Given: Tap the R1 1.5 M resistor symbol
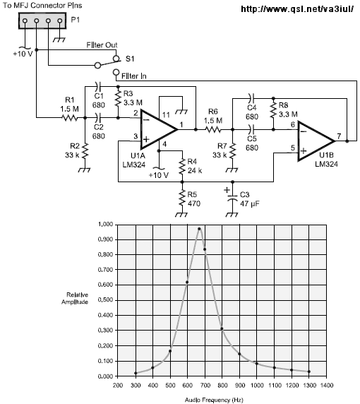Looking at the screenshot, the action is tap(69, 118).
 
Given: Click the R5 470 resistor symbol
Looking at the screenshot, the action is tap(182, 198).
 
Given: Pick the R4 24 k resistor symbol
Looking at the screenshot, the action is tap(182, 166).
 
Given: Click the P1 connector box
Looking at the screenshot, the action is tap(42, 21).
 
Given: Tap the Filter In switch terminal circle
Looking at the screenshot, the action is tap(116, 72).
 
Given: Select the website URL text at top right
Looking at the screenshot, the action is tap(297, 9).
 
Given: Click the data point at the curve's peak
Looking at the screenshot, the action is tap(199, 229).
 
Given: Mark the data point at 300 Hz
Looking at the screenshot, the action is tap(136, 373).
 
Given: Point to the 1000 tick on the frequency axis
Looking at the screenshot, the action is tap(257, 385).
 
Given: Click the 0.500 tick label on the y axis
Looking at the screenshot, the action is tap(106, 300).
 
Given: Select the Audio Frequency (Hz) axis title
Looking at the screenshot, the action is tap(214, 400).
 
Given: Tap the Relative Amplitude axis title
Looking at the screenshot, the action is tap(75, 298).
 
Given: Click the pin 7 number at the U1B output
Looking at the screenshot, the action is tap(339, 136).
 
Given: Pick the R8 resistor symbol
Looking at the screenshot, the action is tap(273, 110).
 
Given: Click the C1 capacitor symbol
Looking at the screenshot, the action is tap(97, 86).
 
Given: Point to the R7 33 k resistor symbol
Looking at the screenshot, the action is tap(232, 151).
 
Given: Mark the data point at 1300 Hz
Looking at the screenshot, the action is tap(309, 372).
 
